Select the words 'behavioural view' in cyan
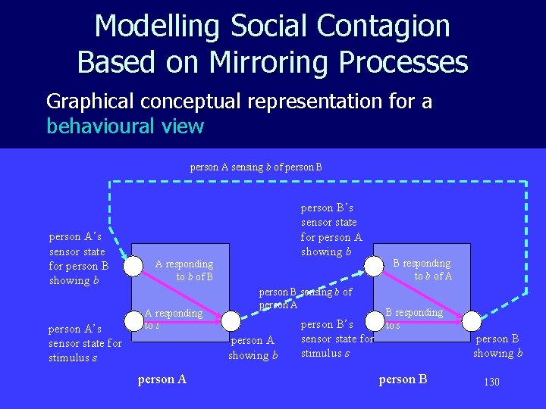coord(125,126)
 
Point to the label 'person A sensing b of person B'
coord(256,167)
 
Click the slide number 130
coord(491,382)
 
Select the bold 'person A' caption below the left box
coord(162,379)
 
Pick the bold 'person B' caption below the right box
coord(403,379)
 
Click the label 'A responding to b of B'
coord(184,270)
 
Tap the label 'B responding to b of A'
coord(422,270)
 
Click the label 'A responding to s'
coord(173,319)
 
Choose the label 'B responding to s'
coord(413,318)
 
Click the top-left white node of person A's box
coord(133,265)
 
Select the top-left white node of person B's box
coord(374,265)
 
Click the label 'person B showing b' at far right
coord(497,346)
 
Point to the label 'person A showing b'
coord(253,348)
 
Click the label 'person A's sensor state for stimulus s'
coord(84,343)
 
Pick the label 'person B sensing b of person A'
coord(306,298)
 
